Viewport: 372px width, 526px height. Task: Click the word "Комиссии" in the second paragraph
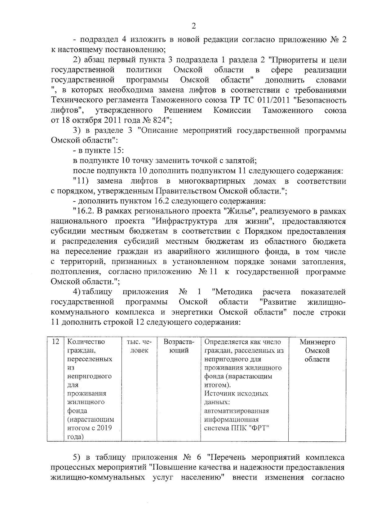tap(232, 110)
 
